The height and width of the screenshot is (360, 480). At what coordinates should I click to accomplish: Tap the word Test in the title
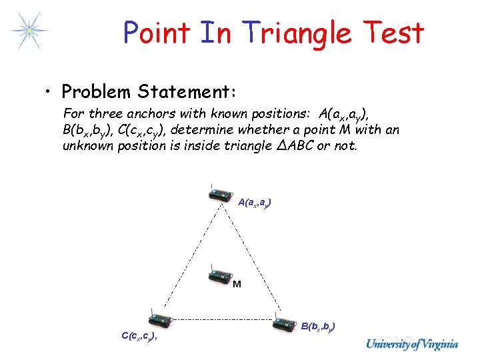point(393,32)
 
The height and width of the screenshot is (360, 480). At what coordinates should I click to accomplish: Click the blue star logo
point(28,30)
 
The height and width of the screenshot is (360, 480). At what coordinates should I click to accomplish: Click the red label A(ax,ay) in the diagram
point(254,202)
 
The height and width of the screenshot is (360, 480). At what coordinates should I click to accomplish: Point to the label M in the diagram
point(236,285)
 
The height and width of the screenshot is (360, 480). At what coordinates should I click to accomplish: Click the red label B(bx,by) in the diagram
point(318,326)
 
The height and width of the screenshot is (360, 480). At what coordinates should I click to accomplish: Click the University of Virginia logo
point(411,344)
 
